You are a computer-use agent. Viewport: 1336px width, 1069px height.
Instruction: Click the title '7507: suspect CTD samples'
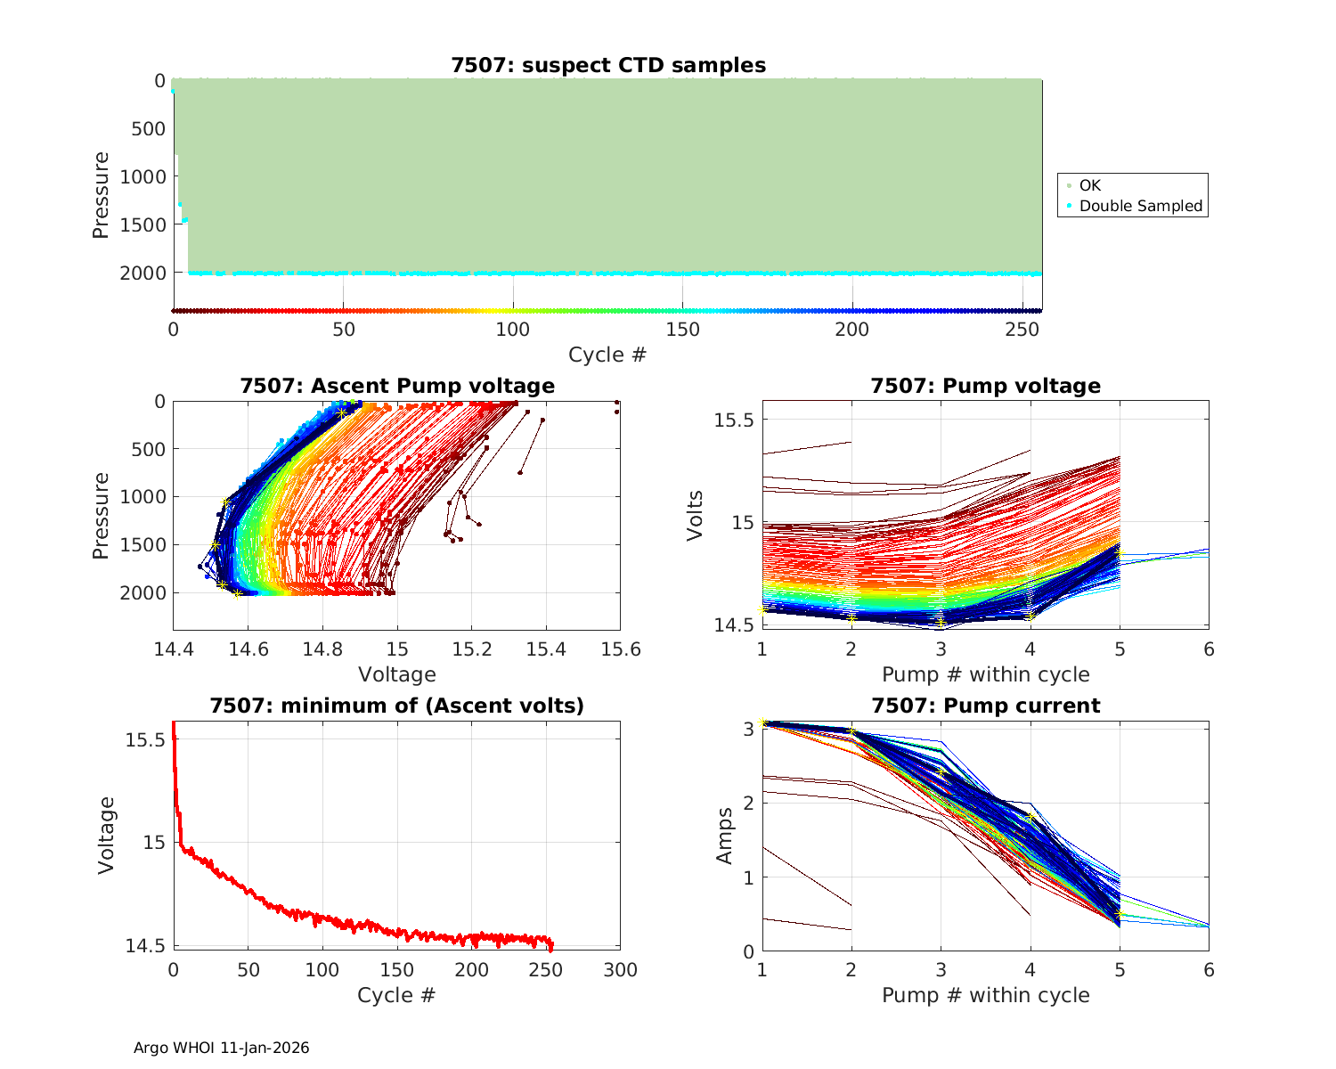pyautogui.click(x=608, y=65)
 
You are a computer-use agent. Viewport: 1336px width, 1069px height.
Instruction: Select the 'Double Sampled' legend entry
pyautogui.click(x=1140, y=206)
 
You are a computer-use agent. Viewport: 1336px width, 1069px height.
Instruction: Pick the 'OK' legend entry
pyautogui.click(x=1090, y=185)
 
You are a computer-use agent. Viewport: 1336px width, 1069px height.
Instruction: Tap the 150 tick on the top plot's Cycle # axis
pyautogui.click(x=682, y=330)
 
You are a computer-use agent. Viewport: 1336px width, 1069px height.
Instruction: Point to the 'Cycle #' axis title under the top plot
pyautogui.click(x=607, y=355)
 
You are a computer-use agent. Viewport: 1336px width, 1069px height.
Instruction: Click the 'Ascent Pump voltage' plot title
pyautogui.click(x=397, y=386)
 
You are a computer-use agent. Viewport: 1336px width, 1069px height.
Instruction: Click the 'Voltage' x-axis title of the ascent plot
pyautogui.click(x=397, y=674)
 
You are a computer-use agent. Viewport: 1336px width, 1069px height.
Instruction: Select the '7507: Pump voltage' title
pyautogui.click(x=985, y=386)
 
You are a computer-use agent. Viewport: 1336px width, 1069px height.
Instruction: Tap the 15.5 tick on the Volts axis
pyautogui.click(x=734, y=420)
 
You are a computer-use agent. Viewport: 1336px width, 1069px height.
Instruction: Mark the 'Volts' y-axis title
pyautogui.click(x=696, y=515)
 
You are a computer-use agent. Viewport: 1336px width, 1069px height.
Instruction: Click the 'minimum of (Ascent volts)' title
pyautogui.click(x=397, y=706)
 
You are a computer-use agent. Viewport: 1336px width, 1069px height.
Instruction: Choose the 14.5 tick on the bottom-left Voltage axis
pyautogui.click(x=143, y=946)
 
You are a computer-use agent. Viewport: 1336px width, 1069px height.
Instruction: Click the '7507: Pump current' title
pyautogui.click(x=985, y=706)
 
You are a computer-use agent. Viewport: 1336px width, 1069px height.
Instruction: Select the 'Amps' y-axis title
pyautogui.click(x=724, y=836)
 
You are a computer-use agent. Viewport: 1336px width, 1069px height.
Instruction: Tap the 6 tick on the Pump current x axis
pyautogui.click(x=1209, y=970)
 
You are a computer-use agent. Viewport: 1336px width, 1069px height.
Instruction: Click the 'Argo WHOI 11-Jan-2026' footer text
pyautogui.click(x=221, y=1048)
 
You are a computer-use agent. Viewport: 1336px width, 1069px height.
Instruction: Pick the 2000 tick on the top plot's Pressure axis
pyautogui.click(x=143, y=273)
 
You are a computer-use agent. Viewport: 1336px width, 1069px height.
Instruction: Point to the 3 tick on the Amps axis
pyautogui.click(x=749, y=729)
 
